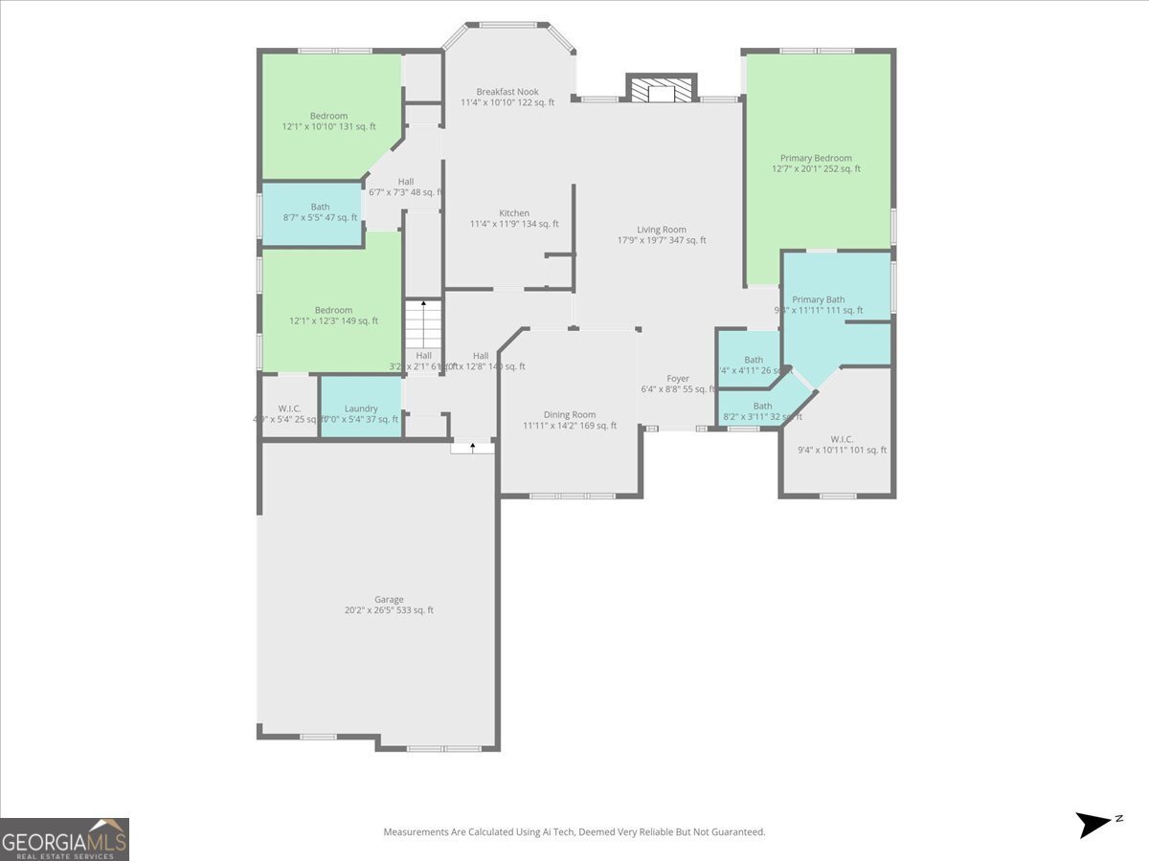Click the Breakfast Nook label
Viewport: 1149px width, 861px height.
[507, 92]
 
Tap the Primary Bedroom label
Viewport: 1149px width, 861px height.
[816, 159]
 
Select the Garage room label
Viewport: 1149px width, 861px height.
[389, 600]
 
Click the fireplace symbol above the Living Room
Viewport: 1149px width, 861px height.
[661, 89]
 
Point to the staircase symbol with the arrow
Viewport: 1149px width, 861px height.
[422, 325]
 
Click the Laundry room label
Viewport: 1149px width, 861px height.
[361, 408]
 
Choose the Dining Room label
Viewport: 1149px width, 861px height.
[570, 415]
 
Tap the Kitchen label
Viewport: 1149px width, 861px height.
[514, 213]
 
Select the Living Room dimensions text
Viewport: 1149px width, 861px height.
[662, 241]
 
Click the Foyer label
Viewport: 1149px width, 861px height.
[678, 379]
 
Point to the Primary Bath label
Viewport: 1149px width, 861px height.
[819, 299]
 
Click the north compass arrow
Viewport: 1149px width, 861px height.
[1095, 824]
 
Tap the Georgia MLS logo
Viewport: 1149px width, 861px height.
[64, 839]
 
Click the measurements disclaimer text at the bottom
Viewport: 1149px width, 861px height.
[574, 832]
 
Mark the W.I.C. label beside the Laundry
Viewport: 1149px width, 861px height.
[289, 408]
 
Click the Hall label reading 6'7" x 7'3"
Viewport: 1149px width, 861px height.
[406, 182]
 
